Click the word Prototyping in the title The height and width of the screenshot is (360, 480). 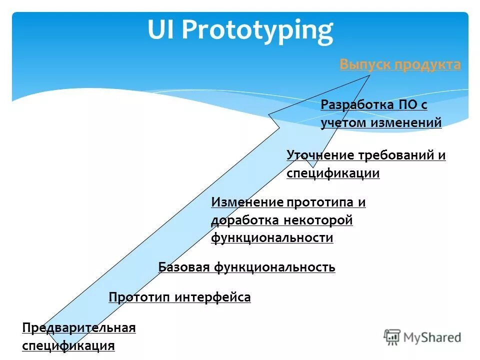click(257, 30)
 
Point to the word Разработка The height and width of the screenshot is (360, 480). click(357, 105)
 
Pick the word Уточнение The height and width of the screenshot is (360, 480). click(320, 155)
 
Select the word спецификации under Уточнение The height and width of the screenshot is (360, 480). click(333, 173)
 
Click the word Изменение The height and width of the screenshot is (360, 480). click(247, 202)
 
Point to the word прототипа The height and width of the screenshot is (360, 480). click(321, 202)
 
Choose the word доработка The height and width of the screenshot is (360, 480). click(244, 220)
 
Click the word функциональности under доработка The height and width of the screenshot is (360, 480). click(272, 237)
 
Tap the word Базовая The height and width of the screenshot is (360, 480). click(184, 267)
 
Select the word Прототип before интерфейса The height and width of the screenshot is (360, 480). click(139, 297)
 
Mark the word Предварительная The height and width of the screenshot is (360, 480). click(79, 327)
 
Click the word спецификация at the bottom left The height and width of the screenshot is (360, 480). click(68, 345)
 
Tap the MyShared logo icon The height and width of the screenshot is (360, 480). click(392, 337)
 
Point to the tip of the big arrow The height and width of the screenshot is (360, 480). click(369, 75)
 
